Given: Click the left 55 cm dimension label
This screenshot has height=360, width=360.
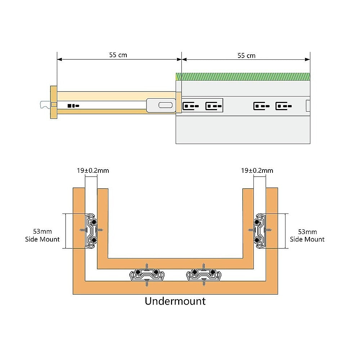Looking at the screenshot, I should tap(118, 55).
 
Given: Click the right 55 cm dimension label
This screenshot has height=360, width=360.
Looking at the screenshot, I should tap(246, 55).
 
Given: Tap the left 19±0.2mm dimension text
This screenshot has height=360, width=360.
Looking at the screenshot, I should tap(93, 170).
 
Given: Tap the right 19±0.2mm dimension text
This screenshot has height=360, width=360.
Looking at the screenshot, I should tap(257, 170).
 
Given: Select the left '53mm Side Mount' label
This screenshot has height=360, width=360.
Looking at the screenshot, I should tap(42, 235).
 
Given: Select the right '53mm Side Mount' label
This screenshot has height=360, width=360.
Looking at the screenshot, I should tap(307, 235).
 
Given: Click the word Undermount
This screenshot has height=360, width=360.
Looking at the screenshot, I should tap(175, 301).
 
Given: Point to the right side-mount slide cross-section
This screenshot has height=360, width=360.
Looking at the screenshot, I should tap(260, 230).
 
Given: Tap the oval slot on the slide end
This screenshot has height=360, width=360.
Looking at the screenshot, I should tap(166, 105).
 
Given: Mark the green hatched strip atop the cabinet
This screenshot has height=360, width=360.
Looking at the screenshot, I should tap(243, 76).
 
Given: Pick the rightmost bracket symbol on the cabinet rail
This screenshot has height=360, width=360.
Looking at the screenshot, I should tap(283, 106).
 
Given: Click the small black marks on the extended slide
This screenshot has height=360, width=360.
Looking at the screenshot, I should tap(73, 106).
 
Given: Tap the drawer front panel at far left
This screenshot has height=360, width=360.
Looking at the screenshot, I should tap(53, 102).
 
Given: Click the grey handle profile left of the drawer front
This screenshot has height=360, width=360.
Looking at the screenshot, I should tap(45, 105).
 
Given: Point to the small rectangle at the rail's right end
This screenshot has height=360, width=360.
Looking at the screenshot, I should tap(308, 106).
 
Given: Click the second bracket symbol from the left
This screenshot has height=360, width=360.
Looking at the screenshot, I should tap(213, 106).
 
